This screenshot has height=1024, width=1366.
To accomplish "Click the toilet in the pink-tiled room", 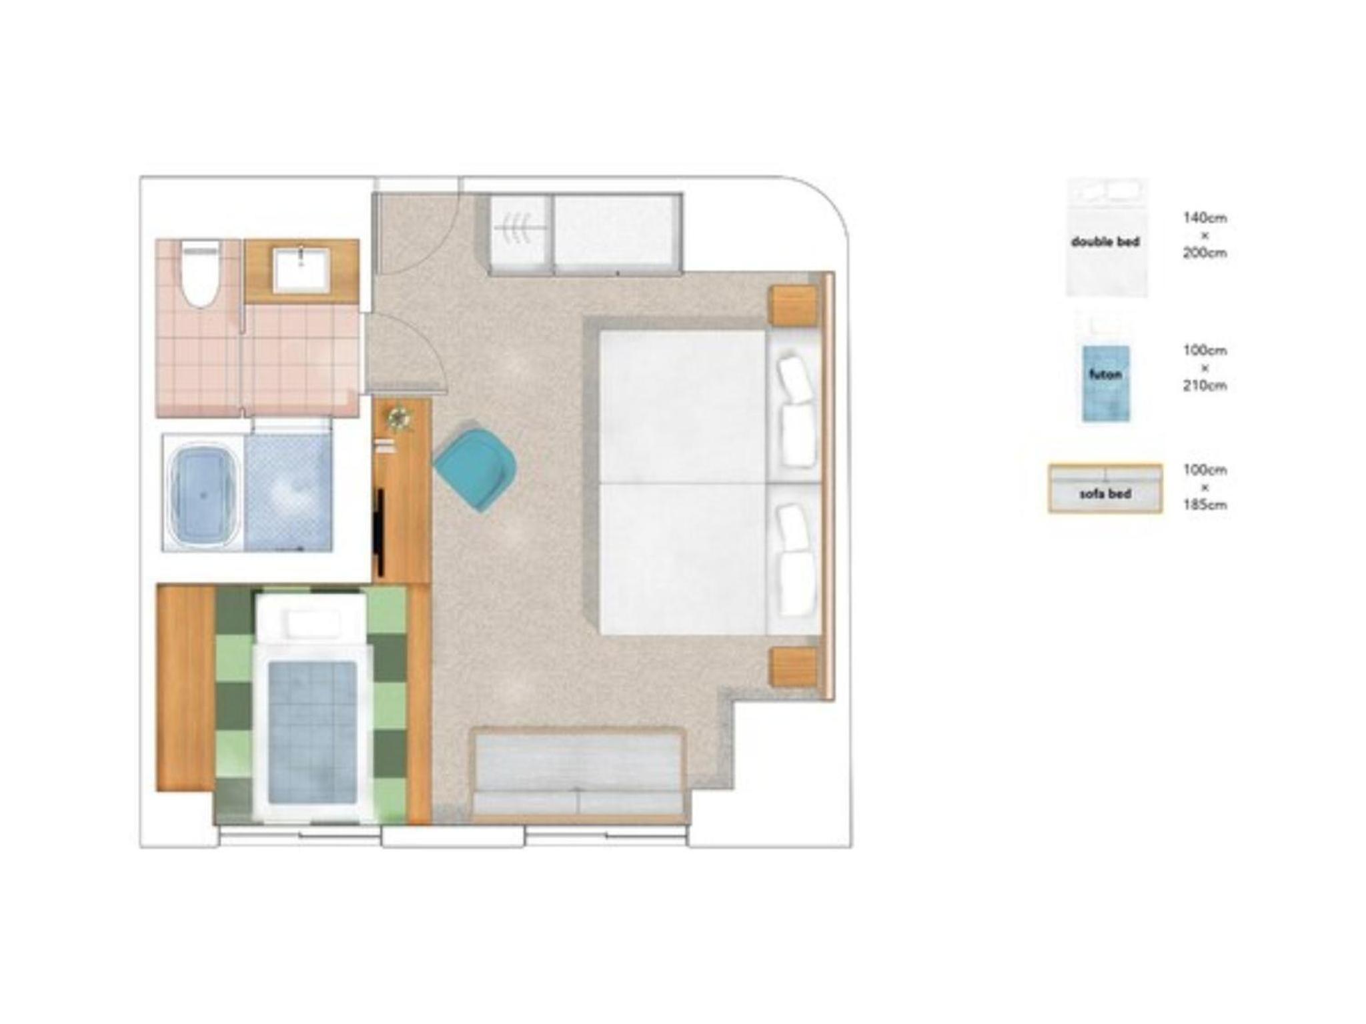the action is coord(201,275).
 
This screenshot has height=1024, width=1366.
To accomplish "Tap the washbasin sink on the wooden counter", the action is coord(301,270).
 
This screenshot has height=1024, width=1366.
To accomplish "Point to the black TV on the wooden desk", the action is coord(380,531).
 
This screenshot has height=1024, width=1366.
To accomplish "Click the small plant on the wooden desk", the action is coord(398,419).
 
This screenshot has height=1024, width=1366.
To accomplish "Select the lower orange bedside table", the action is coord(794,667).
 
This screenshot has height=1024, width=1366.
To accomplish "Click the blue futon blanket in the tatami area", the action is coord(311,731).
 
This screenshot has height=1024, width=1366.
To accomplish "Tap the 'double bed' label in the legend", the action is coord(1105,242).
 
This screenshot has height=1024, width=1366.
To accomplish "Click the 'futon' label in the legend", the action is coord(1105,375).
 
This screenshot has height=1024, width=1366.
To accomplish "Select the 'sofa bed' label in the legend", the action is coord(1105,494).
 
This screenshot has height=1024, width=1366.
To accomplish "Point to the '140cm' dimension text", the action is coord(1205,218).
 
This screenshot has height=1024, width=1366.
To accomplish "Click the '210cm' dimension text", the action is coord(1205,385).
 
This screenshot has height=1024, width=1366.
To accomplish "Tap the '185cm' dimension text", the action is coord(1205,505).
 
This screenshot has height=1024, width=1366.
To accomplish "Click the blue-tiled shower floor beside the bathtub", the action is coord(288,493).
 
